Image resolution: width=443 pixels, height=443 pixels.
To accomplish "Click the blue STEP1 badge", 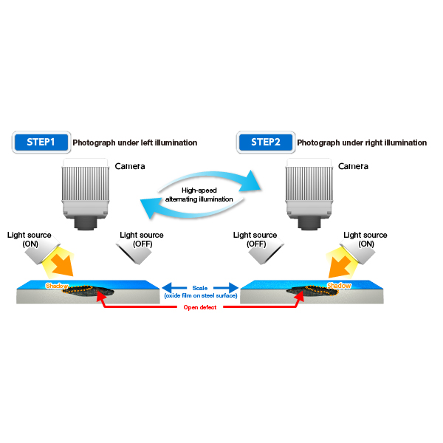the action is coord(41,142).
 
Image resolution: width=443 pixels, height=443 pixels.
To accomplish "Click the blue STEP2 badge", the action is coord(266,142).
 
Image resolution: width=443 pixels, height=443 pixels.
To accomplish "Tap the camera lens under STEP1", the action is coord(86,223).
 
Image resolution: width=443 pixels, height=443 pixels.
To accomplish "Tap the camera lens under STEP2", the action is coord(309,223).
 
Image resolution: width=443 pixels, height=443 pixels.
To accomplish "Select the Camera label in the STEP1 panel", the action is coord(130,166).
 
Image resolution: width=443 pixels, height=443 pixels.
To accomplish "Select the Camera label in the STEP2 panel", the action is coord(353,166).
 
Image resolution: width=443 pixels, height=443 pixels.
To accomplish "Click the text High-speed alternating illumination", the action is coord(199,195).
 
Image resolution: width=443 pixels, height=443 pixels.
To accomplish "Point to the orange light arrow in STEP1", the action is coord(63,265).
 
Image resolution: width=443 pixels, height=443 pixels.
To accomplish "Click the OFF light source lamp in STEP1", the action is coord(134,252).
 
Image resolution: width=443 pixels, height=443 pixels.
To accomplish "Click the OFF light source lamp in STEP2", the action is coord(266,252).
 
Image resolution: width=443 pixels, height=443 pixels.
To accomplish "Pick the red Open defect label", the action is coord(200,307).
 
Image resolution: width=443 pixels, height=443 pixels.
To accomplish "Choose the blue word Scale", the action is coord(200,288).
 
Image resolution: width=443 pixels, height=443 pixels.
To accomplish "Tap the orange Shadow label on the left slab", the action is coord(57,286).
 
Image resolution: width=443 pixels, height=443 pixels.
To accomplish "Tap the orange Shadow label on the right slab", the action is coord(339,286).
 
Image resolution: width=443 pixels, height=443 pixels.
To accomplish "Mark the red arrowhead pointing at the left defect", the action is coord(100,295).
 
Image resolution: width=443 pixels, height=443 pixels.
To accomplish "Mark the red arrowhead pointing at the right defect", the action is coord(300,295).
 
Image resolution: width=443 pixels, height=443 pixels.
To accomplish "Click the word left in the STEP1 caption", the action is coord(147,142).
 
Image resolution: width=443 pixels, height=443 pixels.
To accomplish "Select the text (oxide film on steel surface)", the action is coord(201,296).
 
